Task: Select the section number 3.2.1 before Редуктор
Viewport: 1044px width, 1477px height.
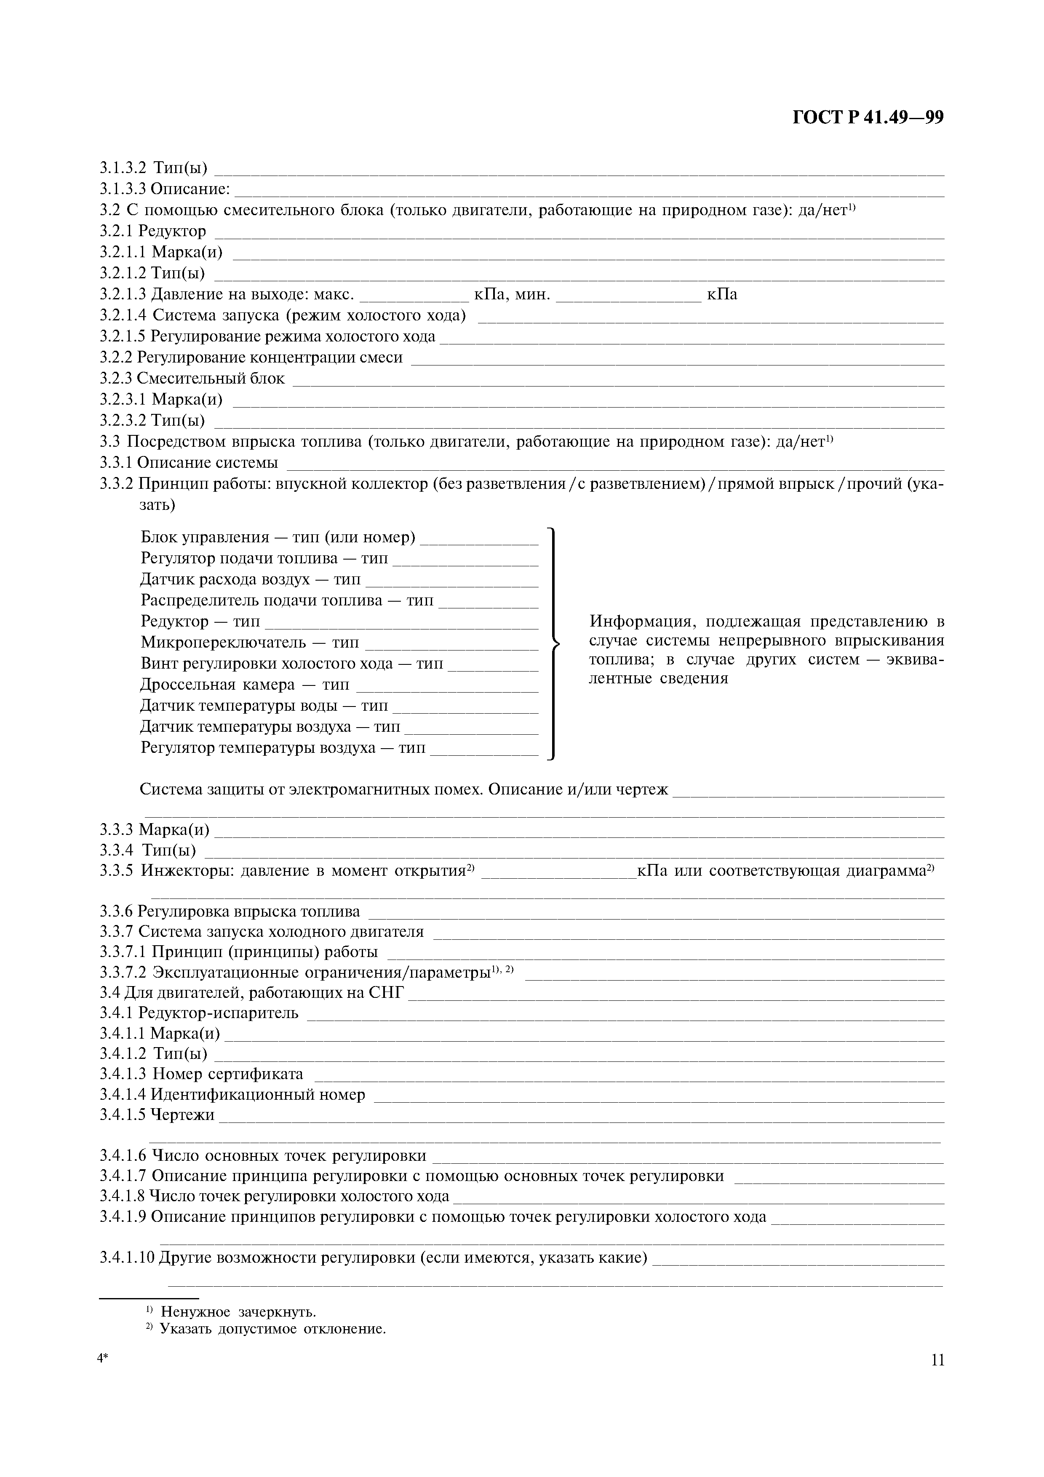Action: pyautogui.click(x=117, y=231)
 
